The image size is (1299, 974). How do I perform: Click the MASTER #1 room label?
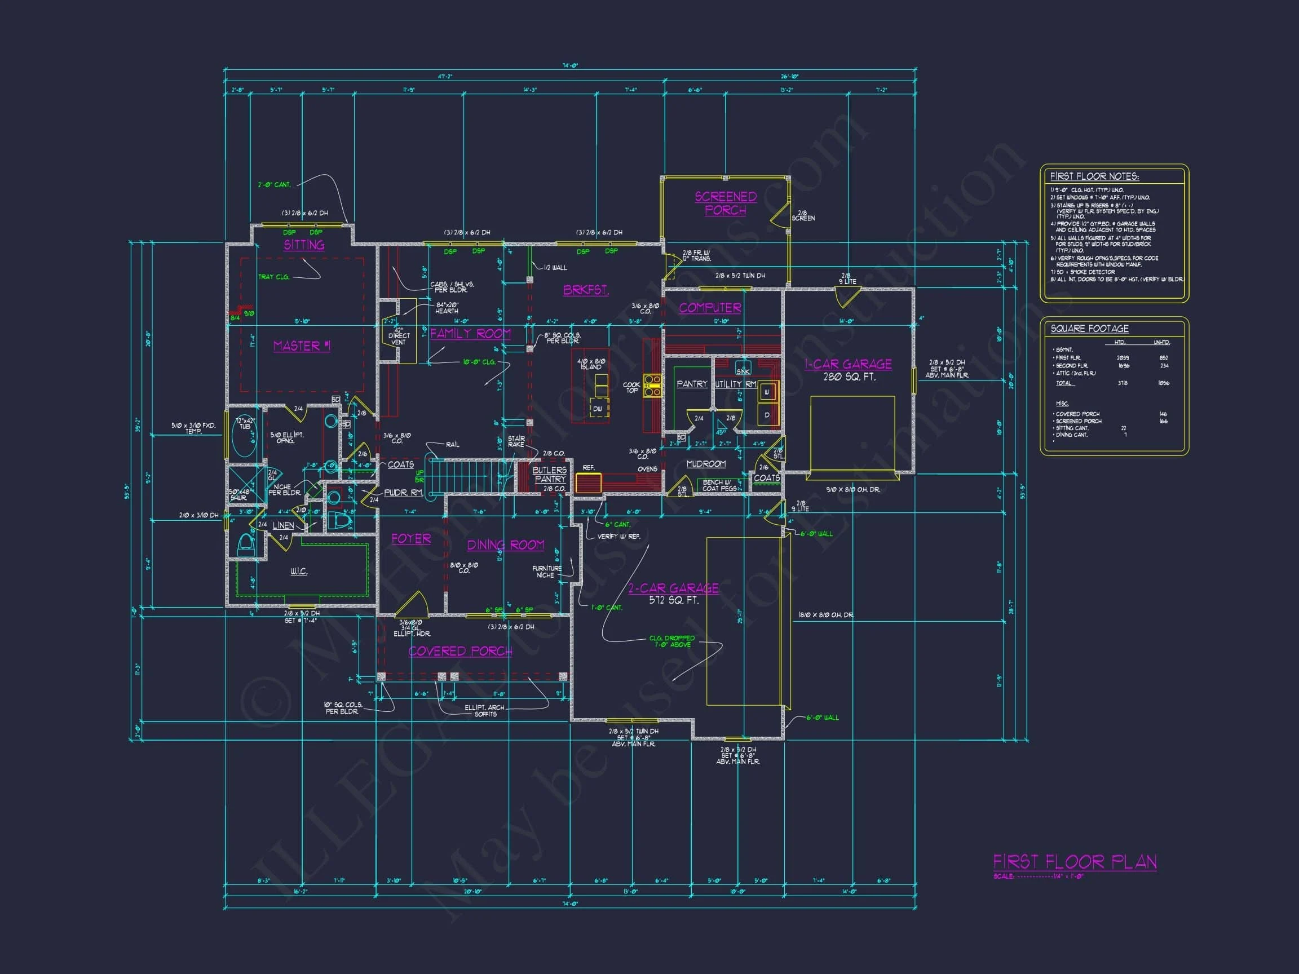(302, 346)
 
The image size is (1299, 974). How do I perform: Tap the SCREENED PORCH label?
(725, 203)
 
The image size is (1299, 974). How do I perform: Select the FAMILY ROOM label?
(470, 334)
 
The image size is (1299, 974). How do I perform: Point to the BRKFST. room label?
(585, 290)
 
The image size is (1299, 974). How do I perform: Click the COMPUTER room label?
(709, 308)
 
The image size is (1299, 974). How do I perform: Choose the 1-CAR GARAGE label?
(848, 364)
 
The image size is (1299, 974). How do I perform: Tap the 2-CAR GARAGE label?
(673, 588)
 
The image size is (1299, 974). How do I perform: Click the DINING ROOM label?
(505, 545)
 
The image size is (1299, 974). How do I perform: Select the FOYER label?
(411, 538)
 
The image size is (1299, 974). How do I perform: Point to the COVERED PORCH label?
(461, 651)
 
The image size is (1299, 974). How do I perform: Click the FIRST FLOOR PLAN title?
(1075, 862)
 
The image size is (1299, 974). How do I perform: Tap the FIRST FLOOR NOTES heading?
(1094, 176)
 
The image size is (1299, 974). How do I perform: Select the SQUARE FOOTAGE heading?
(1089, 329)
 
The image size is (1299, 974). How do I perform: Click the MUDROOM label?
(706, 464)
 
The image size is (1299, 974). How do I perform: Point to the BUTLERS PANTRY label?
(550, 475)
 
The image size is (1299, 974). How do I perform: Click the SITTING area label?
(304, 245)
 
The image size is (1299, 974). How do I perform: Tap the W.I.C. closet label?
(299, 571)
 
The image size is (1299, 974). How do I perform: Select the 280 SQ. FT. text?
(849, 377)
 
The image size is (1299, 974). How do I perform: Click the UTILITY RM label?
(735, 384)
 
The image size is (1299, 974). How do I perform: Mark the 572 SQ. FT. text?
(673, 601)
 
